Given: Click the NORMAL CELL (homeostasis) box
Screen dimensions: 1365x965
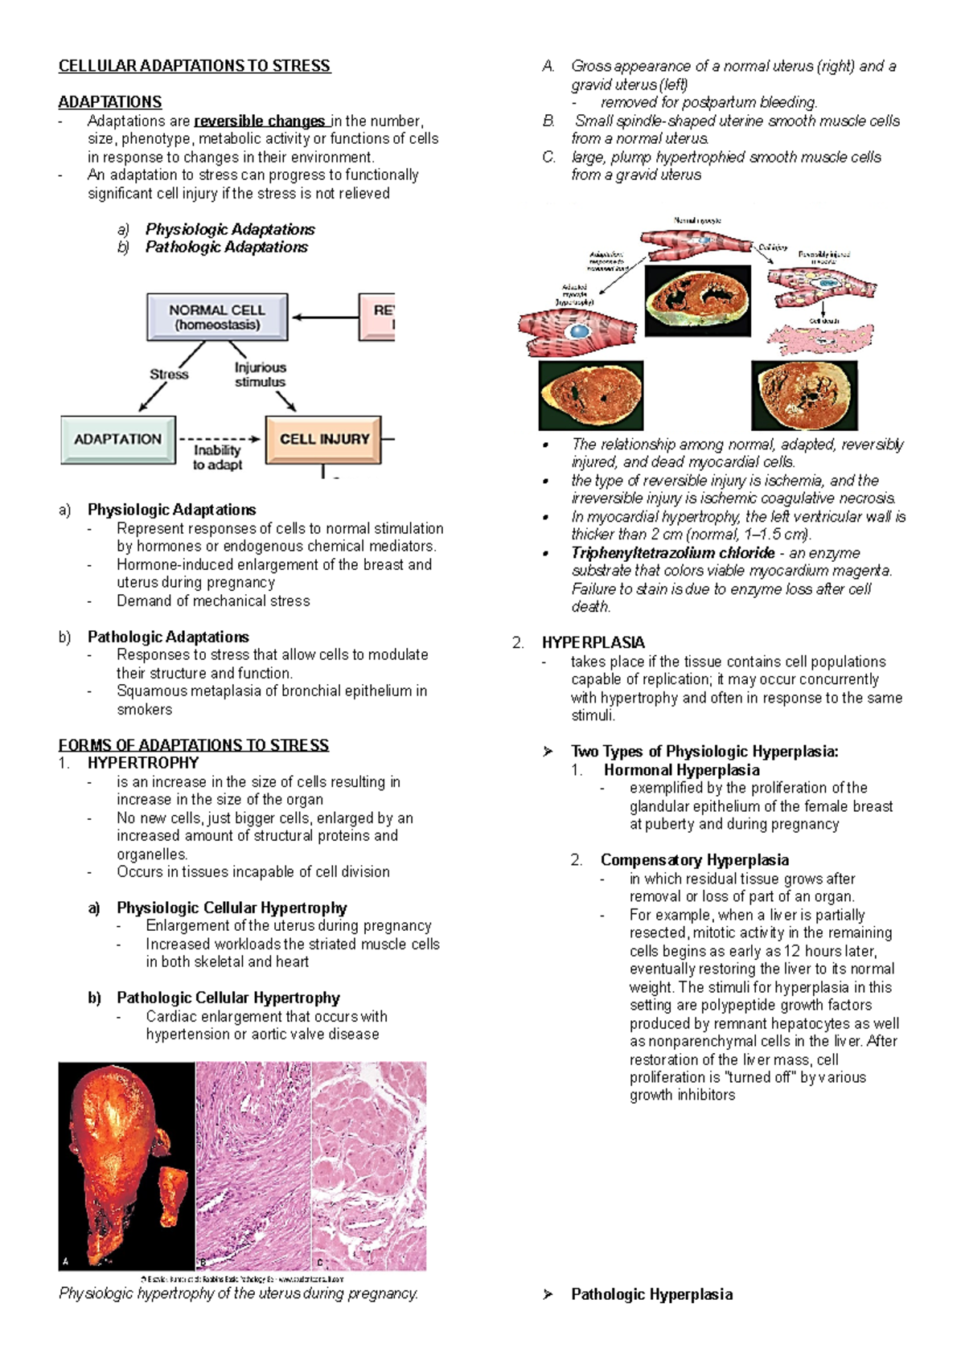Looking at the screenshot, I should tap(216, 317).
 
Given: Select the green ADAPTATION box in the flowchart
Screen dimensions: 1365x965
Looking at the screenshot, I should tap(118, 439).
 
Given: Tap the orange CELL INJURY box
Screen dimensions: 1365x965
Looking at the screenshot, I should tap(323, 439).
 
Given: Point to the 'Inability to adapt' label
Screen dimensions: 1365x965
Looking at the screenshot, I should tap(217, 457).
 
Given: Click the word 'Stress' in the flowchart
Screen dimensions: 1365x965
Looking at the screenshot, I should tap(169, 374).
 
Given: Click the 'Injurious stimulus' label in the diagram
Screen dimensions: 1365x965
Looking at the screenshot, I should tap(260, 375).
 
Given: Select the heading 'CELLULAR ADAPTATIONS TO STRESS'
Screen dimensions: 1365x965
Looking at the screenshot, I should tap(194, 66).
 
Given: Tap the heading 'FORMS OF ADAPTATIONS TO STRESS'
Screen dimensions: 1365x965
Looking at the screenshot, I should tap(193, 745).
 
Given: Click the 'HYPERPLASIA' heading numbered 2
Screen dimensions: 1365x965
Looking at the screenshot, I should tap(593, 642).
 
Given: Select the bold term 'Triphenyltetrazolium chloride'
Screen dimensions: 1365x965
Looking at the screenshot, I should tap(672, 553).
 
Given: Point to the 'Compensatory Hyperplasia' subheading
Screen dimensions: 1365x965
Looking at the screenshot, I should tap(694, 860).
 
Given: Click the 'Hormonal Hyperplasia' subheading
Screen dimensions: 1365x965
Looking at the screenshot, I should tap(681, 770).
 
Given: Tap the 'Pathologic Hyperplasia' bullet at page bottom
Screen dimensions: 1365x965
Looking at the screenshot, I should tap(651, 1294).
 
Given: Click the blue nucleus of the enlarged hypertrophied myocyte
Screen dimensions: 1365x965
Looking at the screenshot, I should tap(577, 331).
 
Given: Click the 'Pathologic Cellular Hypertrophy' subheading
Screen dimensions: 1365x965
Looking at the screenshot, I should tap(228, 998).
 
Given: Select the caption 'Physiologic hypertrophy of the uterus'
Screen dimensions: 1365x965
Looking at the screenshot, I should tap(238, 1293).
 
